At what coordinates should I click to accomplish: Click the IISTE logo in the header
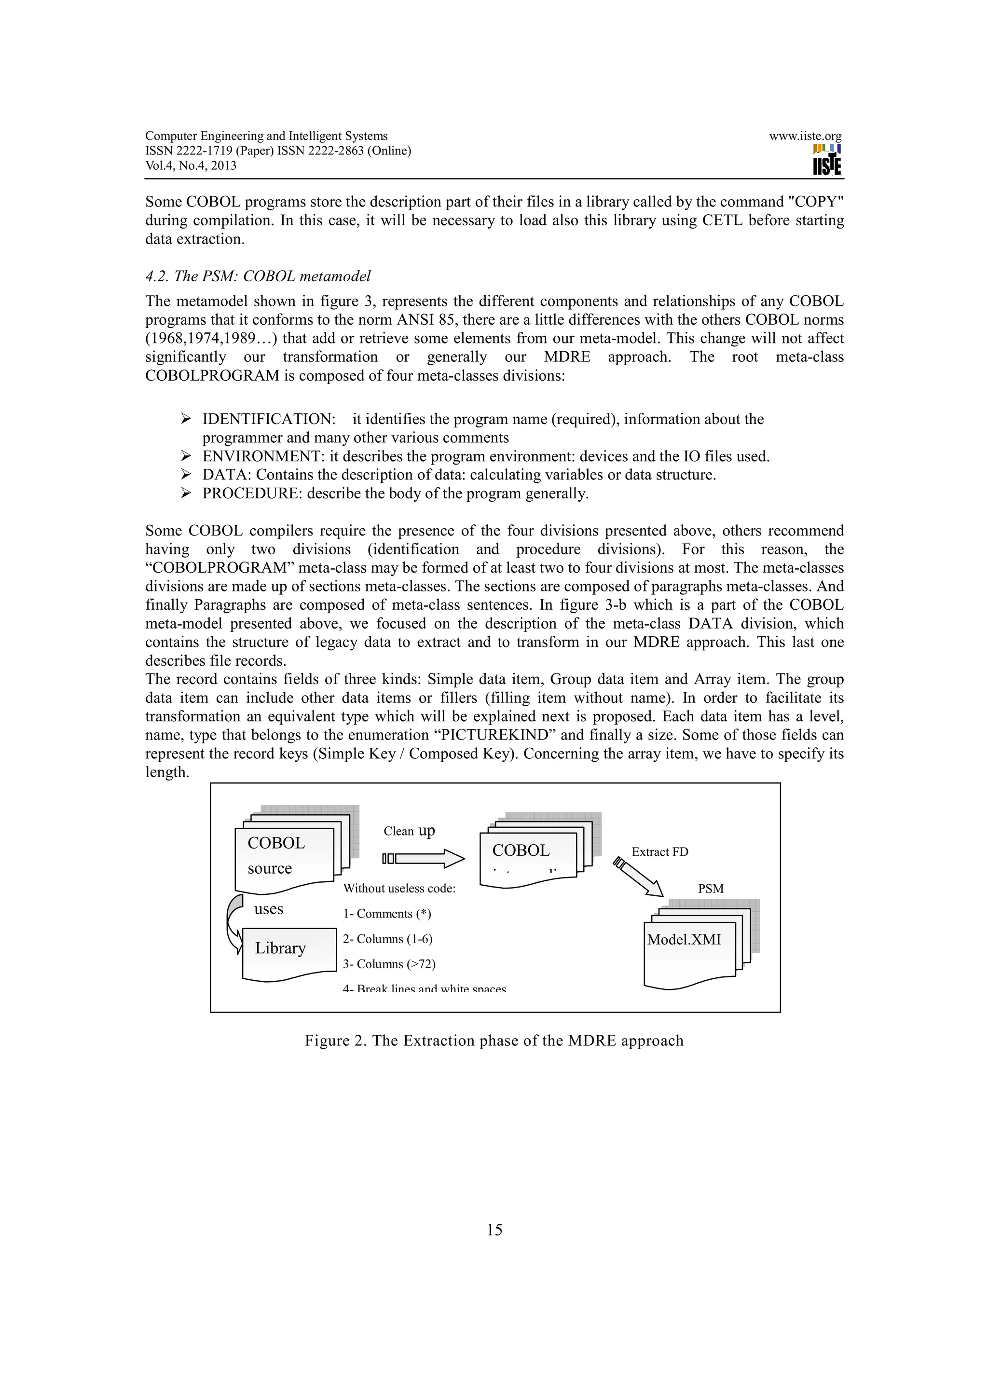tap(827, 160)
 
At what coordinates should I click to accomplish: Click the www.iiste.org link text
tap(805, 137)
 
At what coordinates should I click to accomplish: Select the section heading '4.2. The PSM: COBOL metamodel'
tap(258, 276)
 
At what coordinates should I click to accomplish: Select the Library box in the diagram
tap(288, 950)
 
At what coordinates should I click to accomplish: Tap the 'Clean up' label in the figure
tap(409, 831)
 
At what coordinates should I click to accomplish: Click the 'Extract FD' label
tap(659, 852)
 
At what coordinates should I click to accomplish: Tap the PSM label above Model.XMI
tap(711, 889)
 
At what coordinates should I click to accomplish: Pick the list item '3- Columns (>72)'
tap(389, 964)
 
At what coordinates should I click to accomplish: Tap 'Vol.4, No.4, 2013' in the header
tap(191, 165)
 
